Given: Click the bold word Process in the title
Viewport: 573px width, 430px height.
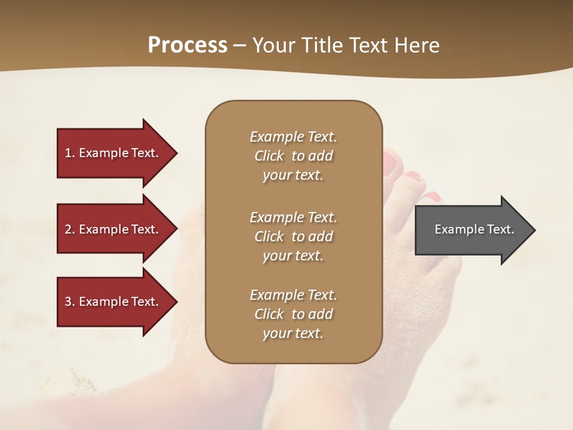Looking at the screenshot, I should (x=187, y=45).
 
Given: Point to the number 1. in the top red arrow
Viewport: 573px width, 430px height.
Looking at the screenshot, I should (x=70, y=153).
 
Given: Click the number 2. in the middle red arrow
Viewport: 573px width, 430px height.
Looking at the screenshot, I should (x=70, y=229).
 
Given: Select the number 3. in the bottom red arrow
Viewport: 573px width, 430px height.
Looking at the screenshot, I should (x=70, y=302).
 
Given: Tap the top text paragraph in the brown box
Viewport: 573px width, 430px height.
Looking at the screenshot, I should (x=293, y=156).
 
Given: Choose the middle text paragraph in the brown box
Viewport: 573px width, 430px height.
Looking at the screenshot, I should (x=293, y=236).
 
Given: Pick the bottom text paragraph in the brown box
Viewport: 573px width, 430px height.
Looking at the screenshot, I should (x=293, y=314).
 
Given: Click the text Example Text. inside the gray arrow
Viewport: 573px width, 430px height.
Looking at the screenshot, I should (x=475, y=229).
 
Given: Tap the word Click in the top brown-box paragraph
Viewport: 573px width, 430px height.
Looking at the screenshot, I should (x=269, y=156).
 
